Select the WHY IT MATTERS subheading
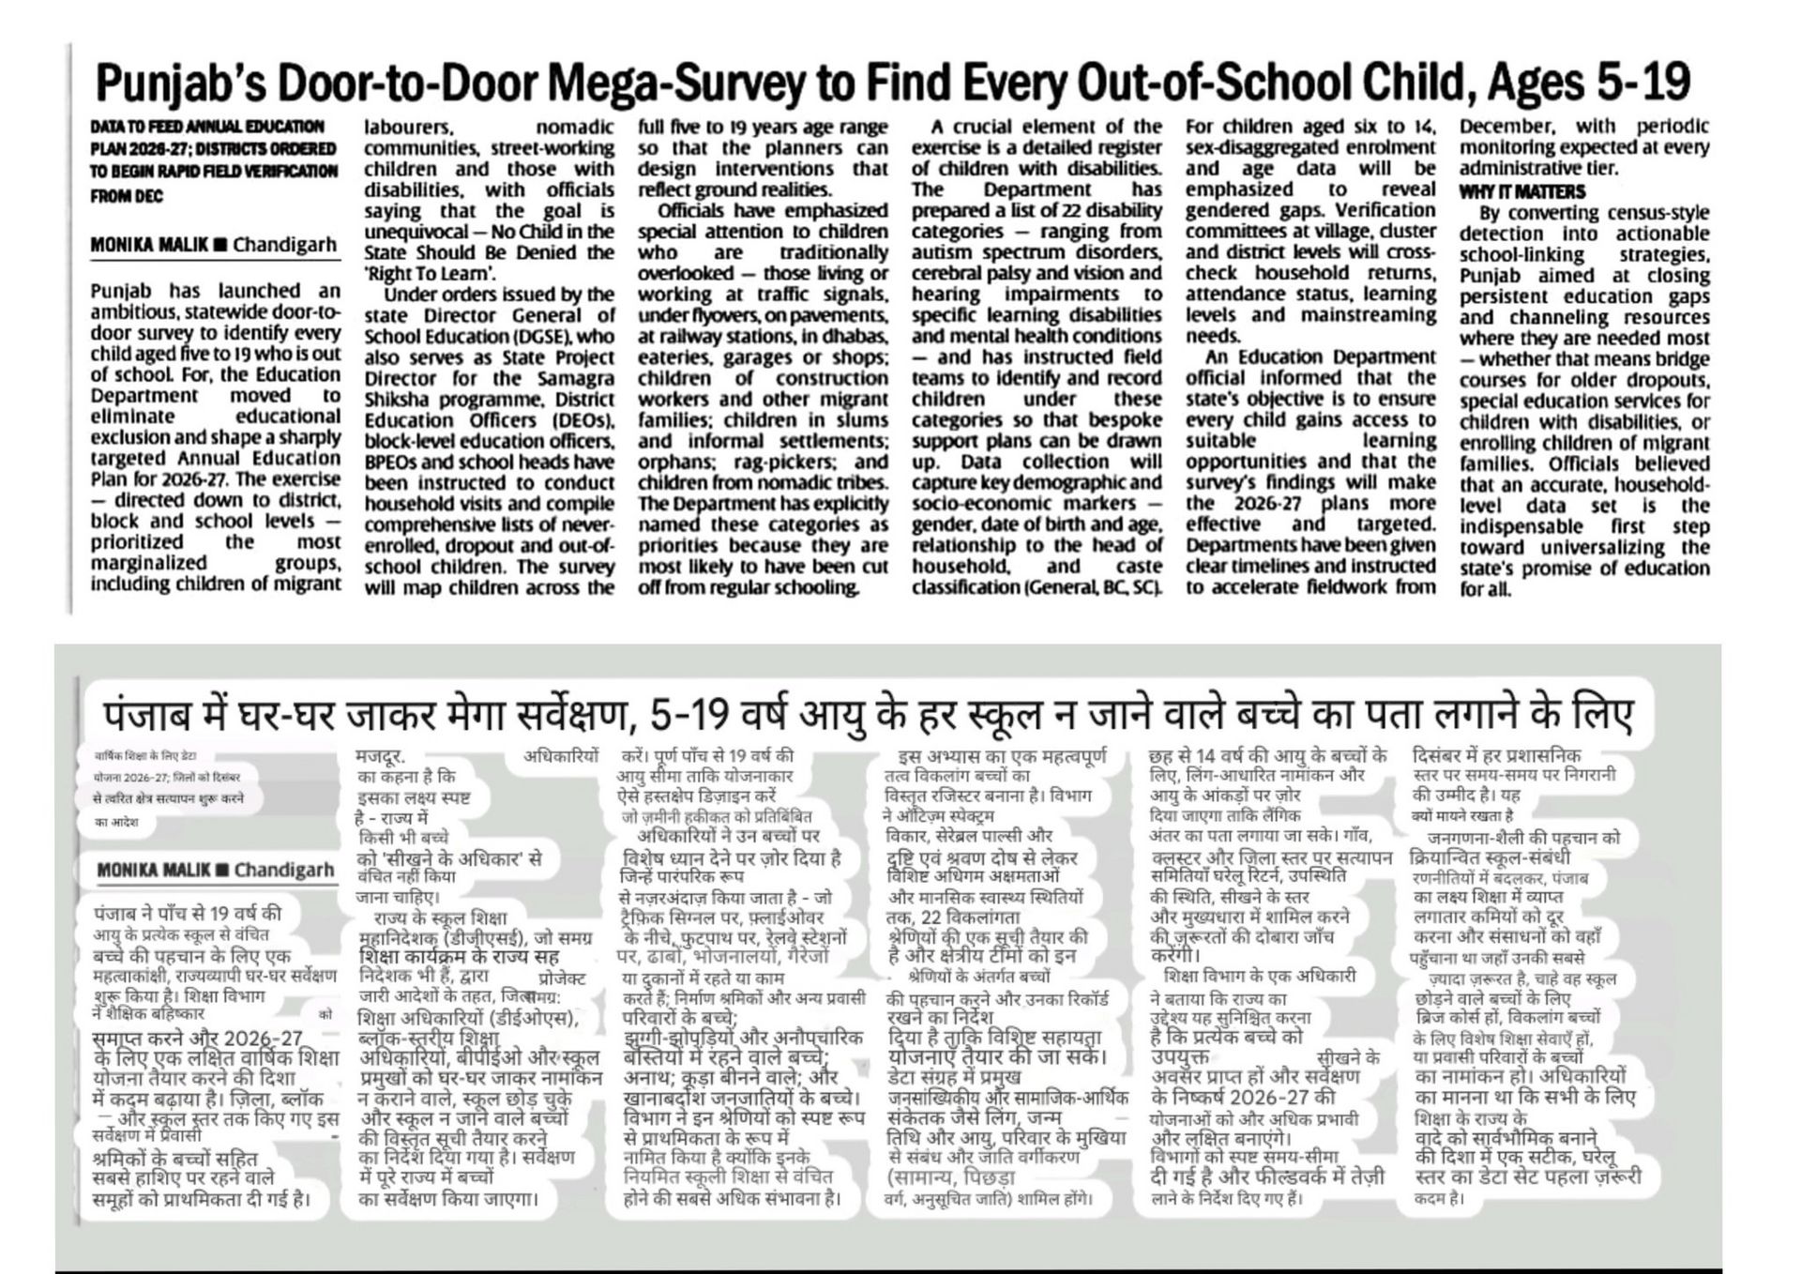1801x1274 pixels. coord(1521,191)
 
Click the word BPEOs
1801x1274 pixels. coord(390,463)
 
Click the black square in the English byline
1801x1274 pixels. coord(220,246)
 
